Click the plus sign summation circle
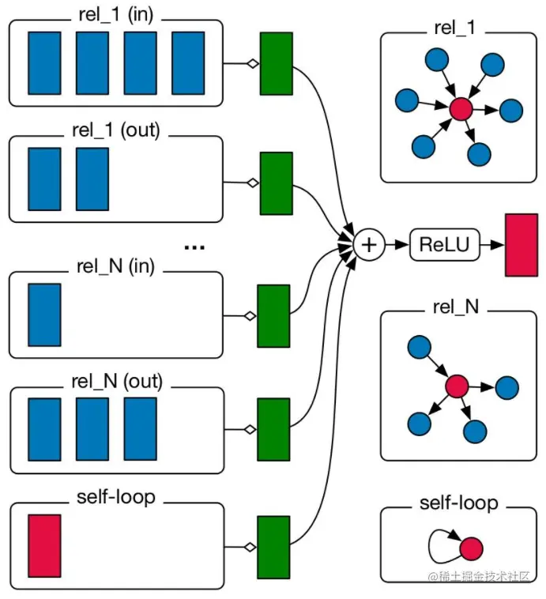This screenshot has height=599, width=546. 368,245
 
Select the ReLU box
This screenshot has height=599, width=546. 439,245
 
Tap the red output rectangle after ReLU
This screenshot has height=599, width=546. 522,245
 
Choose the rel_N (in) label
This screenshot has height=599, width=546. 116,266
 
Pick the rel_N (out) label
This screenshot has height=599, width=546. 116,382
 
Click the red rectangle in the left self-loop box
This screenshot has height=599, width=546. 44,545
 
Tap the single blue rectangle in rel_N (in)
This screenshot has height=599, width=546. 44,315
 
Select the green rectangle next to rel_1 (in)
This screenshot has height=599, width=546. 276,62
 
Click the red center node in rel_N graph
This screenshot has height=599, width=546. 457,386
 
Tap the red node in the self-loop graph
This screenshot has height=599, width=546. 471,548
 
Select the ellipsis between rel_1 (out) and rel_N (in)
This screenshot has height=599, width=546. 194,247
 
